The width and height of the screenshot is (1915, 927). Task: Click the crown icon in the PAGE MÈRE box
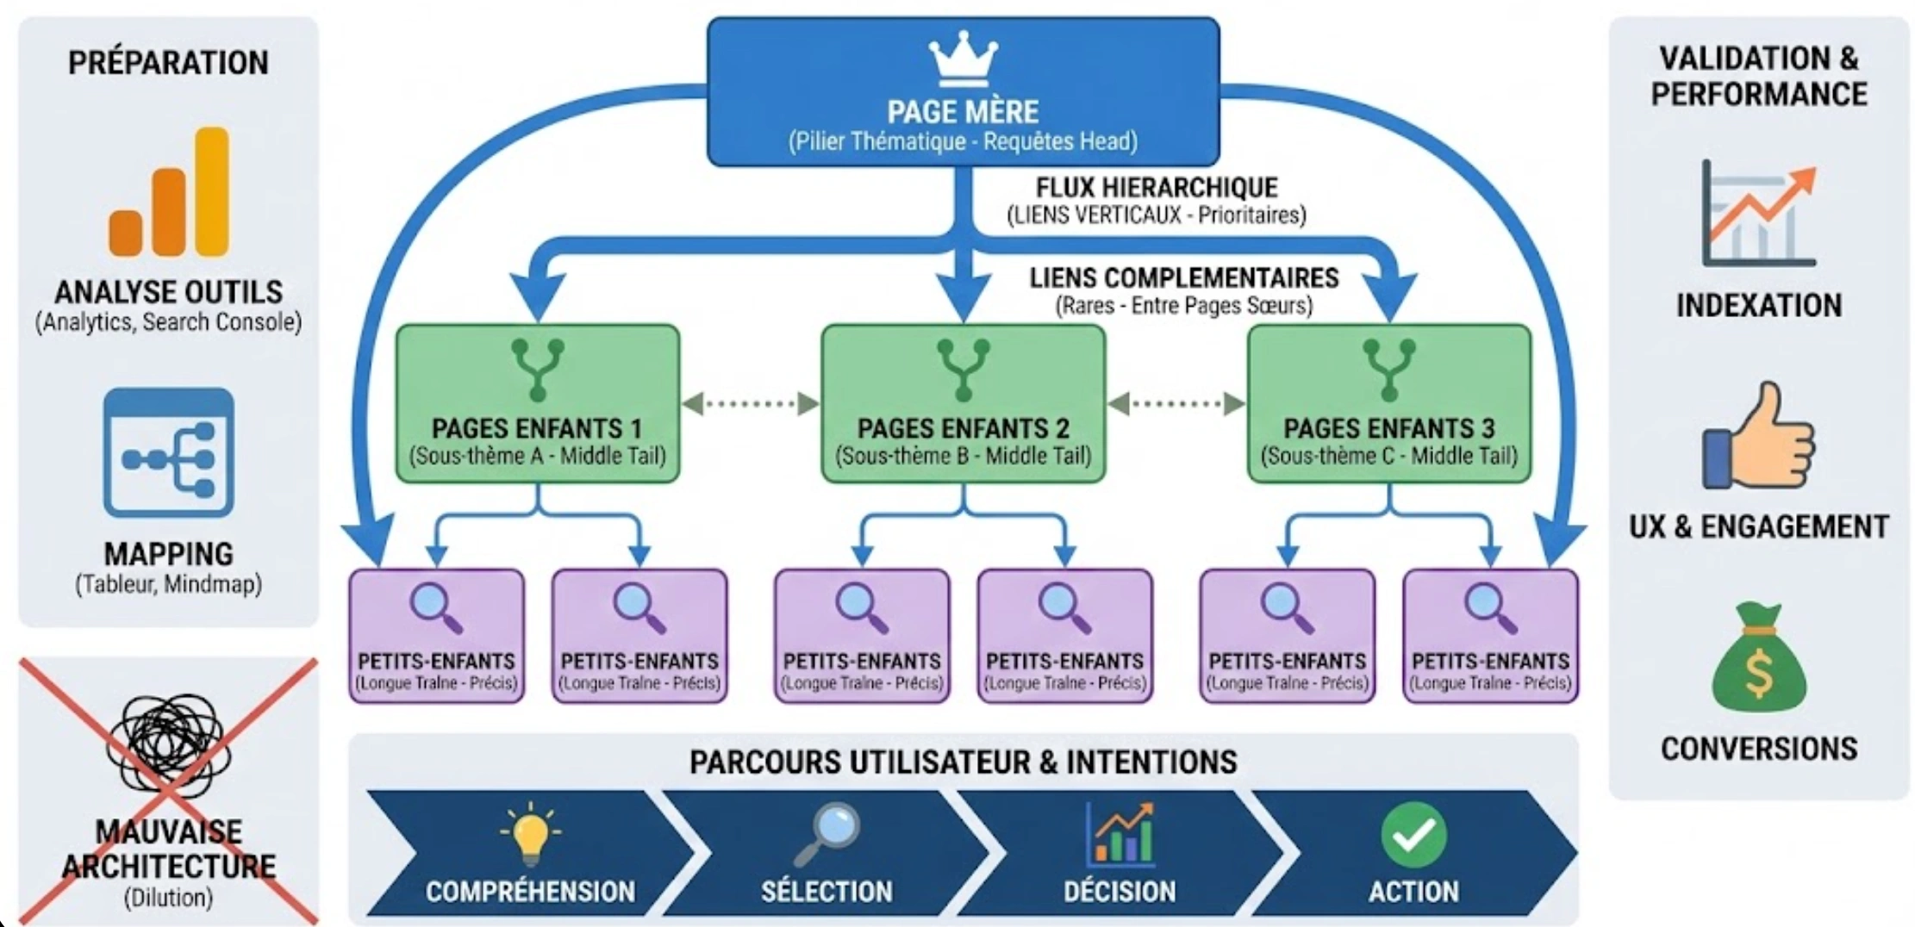click(x=963, y=59)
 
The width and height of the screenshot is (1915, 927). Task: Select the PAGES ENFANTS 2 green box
click(x=963, y=403)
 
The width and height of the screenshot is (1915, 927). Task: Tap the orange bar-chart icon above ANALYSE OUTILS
click(x=169, y=193)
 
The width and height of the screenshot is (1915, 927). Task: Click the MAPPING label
click(x=169, y=554)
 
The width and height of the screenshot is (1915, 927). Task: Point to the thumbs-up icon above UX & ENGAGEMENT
click(x=1758, y=437)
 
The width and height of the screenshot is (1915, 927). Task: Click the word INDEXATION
click(x=1758, y=306)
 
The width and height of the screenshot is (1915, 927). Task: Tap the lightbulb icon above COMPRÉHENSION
click(x=530, y=832)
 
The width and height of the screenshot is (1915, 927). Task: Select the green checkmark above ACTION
click(x=1413, y=834)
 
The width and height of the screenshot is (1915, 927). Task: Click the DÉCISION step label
click(x=1119, y=891)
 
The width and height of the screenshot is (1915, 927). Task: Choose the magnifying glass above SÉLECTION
click(x=827, y=832)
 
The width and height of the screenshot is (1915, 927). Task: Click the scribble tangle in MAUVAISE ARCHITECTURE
click(x=169, y=743)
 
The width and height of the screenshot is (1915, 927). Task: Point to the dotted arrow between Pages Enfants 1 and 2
click(x=750, y=403)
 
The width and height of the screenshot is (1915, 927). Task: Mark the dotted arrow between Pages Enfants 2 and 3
click(x=1176, y=403)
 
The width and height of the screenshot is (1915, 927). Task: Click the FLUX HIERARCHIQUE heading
click(x=1157, y=188)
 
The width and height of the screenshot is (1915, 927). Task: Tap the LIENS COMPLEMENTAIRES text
click(x=1183, y=278)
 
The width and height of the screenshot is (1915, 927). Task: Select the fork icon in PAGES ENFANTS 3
click(x=1388, y=370)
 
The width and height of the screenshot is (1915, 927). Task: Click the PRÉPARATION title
click(x=169, y=63)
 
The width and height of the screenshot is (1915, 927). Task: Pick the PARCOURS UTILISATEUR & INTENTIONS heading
click(x=963, y=762)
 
